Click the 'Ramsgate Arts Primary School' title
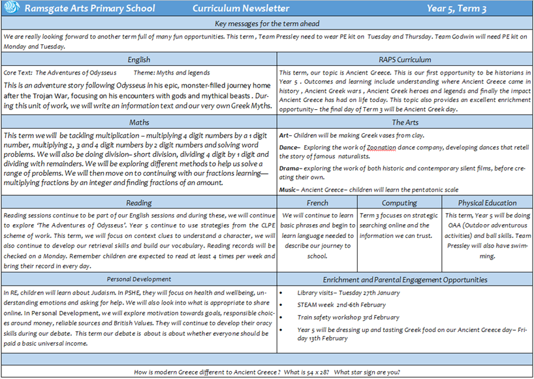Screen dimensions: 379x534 coord(90,8)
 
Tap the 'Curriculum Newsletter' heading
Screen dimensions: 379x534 coord(241,8)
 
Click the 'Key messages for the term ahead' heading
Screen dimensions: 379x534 coord(267,24)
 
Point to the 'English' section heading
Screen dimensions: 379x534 coord(139,59)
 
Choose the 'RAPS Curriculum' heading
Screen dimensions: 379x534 coord(405,59)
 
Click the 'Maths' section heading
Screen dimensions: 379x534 coord(139,122)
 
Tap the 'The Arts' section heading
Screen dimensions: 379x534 coord(405,122)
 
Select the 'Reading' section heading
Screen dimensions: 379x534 coord(139,203)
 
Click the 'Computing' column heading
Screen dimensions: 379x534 coord(399,203)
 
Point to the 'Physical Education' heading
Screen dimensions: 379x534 coord(487,203)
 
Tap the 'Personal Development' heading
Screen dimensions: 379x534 coord(139,280)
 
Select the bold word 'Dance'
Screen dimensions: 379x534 coord(289,148)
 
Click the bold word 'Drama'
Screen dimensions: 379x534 coord(290,168)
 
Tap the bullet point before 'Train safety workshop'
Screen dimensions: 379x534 coord(281,318)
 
